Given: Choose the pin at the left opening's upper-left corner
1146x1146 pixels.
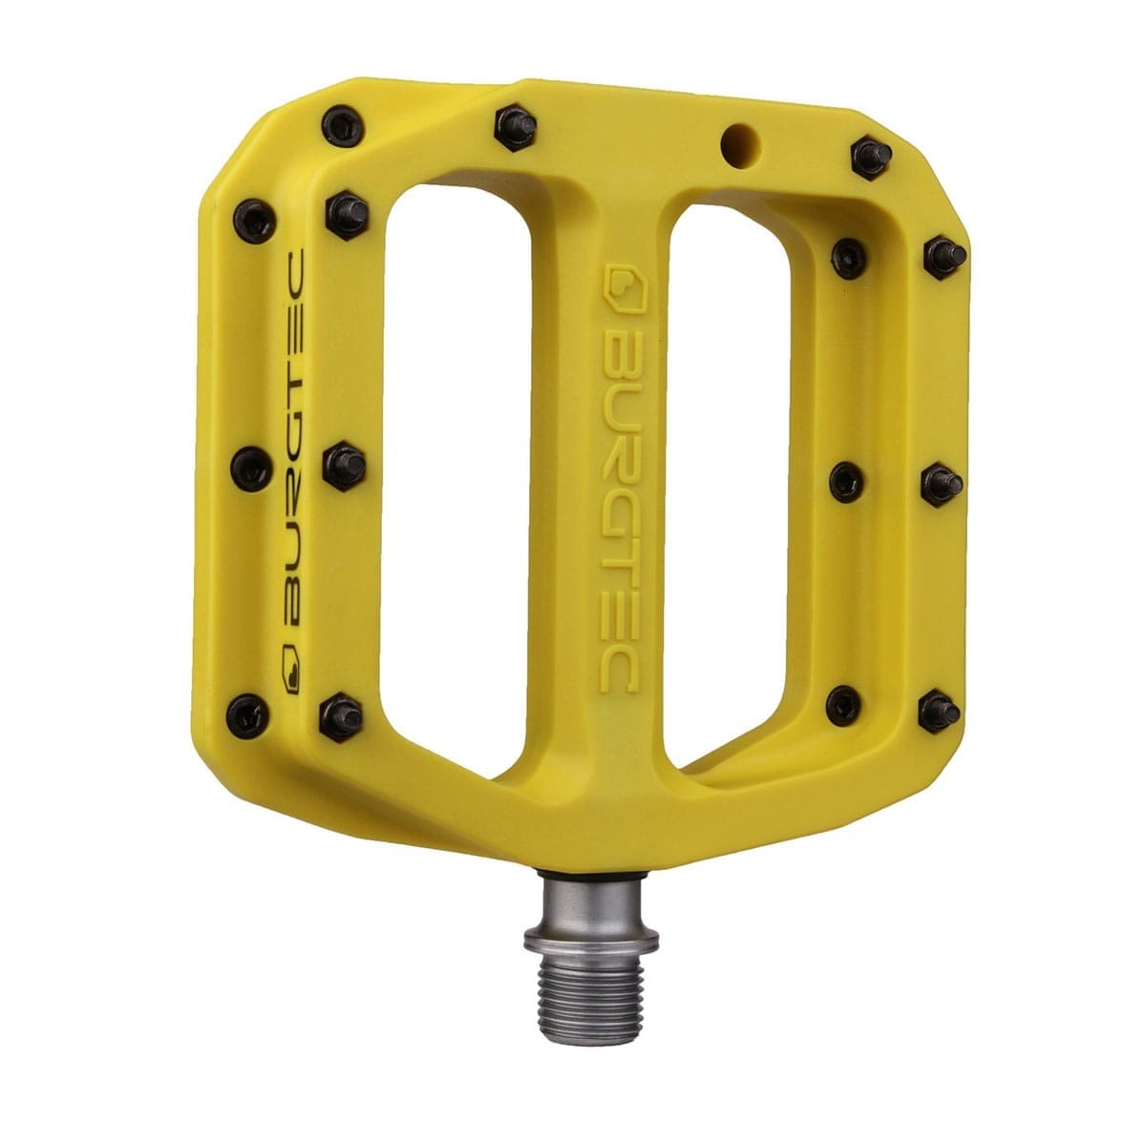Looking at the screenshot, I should [x=350, y=206].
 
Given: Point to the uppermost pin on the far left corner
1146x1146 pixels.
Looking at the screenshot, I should [x=340, y=123].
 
